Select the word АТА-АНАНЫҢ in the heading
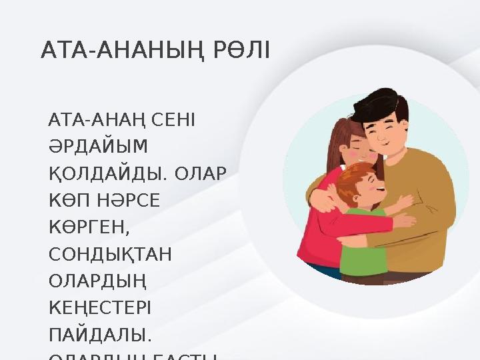(x=125, y=50)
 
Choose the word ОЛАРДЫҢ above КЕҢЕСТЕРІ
(x=97, y=282)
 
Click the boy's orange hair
(x=351, y=177)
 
